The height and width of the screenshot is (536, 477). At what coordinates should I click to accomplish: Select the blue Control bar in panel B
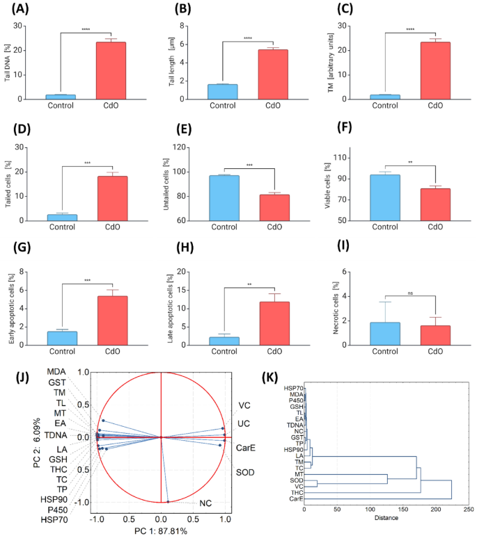tap(222, 91)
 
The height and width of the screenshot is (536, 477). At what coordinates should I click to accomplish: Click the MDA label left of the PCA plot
tap(57, 373)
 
